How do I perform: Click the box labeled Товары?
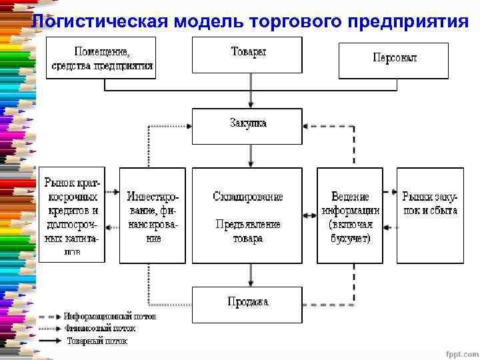click(247, 55)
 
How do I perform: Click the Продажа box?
click(247, 303)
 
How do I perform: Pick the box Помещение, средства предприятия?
click(101, 58)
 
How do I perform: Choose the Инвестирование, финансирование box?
click(153, 215)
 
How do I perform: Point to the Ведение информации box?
click(350, 215)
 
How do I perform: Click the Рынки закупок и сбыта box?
click(429, 215)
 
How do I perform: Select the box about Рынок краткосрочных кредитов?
click(72, 214)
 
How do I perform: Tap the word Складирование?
click(248, 197)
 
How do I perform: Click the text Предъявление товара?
click(248, 231)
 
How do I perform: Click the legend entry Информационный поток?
click(110, 317)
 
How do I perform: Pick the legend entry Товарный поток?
click(97, 340)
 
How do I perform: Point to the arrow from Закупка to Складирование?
click(250, 155)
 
